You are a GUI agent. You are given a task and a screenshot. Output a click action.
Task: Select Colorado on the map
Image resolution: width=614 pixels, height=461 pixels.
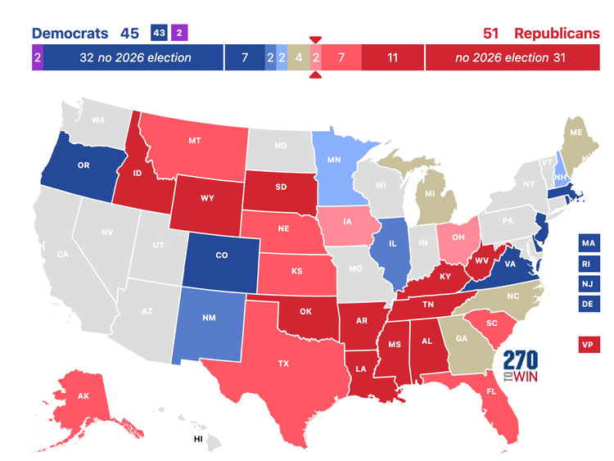coord(221,255)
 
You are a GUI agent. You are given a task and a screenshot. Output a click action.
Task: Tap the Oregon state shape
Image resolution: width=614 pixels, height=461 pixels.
coord(83,165)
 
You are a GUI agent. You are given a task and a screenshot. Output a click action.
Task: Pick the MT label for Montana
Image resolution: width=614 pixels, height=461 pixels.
coord(195,141)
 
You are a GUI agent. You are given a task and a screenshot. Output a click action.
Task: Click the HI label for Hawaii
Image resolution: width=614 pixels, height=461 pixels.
coord(198,439)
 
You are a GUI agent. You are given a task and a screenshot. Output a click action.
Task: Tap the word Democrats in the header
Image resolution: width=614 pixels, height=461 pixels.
coord(70,34)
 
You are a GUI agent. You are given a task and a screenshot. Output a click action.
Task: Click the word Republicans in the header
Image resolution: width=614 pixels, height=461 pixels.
coord(557,34)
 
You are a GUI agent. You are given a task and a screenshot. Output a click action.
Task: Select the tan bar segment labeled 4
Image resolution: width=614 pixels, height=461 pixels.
coord(299,58)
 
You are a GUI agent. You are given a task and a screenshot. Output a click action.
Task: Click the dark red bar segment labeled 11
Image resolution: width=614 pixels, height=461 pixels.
coord(392,58)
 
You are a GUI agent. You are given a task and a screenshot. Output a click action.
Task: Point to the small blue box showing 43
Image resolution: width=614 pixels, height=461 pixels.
coord(159,34)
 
